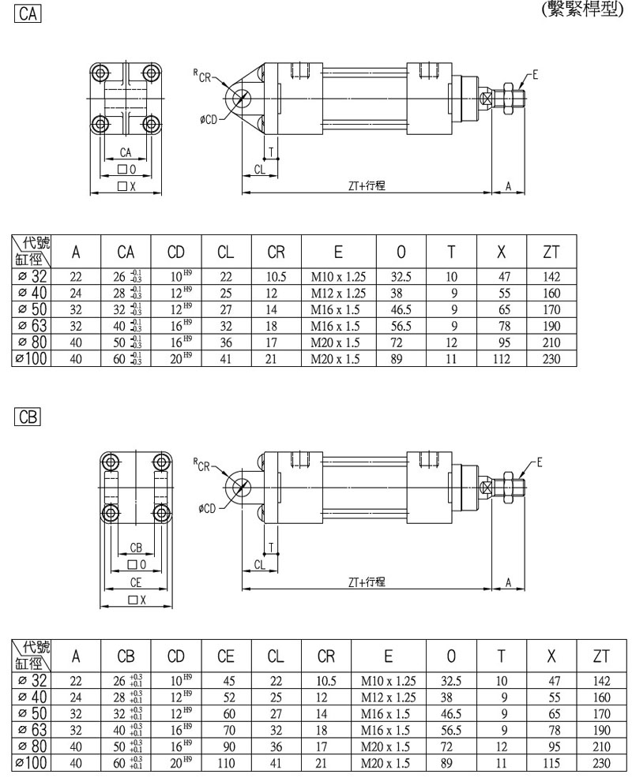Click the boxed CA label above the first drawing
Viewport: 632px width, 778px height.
pyautogui.click(x=27, y=13)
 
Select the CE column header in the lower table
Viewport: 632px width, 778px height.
pyautogui.click(x=226, y=656)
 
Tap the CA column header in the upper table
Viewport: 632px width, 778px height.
pyautogui.click(x=126, y=252)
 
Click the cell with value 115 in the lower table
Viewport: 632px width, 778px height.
pyautogui.click(x=551, y=763)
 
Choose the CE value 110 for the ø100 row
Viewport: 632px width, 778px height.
pyautogui.click(x=226, y=763)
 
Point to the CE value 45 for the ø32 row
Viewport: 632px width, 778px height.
pyautogui.click(x=226, y=681)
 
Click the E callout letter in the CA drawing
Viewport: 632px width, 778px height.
pyautogui.click(x=535, y=76)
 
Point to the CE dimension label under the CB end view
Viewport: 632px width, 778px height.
pyautogui.click(x=136, y=583)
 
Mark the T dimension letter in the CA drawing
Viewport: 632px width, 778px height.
pyautogui.click(x=270, y=151)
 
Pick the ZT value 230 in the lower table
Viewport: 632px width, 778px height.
pyautogui.click(x=601, y=763)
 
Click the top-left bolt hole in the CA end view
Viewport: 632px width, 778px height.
pyautogui.click(x=100, y=73)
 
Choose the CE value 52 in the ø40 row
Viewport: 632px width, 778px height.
pyautogui.click(x=226, y=698)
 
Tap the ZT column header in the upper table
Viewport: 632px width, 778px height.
pyautogui.click(x=551, y=252)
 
